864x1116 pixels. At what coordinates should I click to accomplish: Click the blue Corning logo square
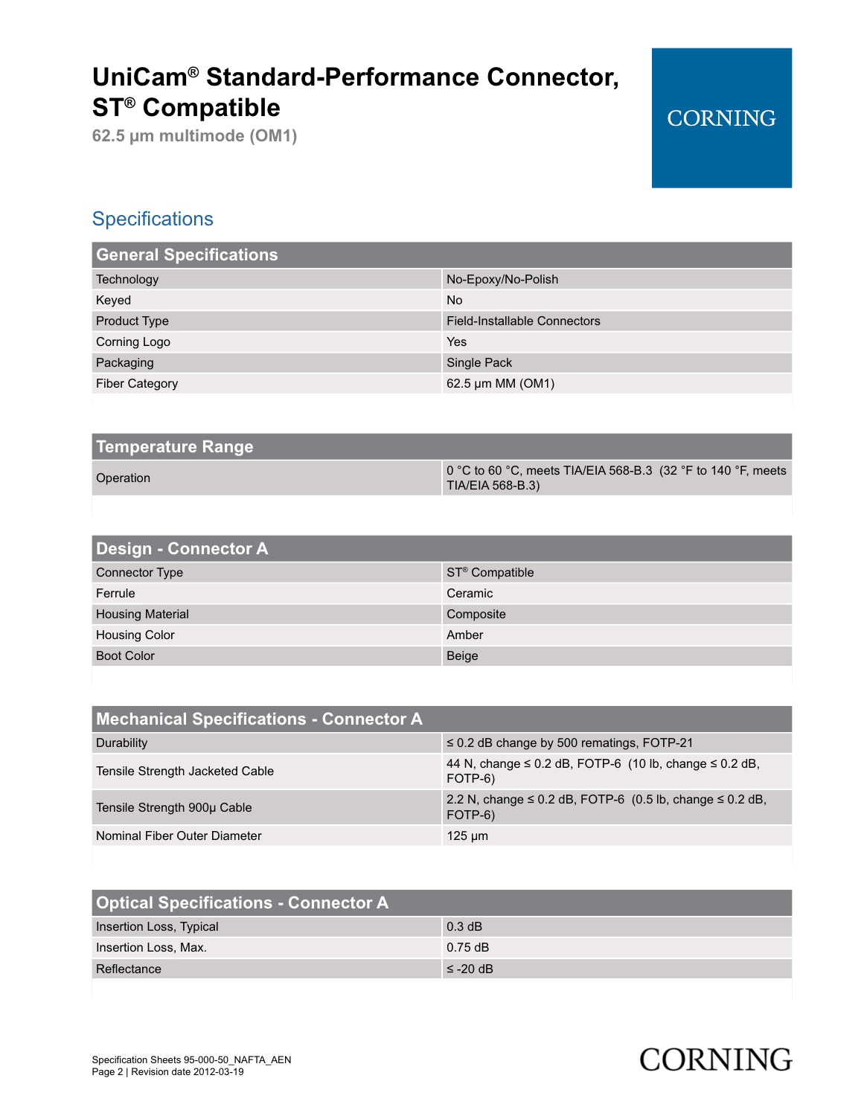[721, 118]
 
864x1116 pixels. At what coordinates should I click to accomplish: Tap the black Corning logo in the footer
[715, 1059]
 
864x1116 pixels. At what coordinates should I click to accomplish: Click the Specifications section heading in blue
[153, 219]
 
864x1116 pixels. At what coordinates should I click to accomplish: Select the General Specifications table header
[187, 255]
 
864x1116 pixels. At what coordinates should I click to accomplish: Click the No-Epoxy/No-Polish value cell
[502, 280]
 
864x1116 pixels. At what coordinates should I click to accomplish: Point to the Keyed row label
[113, 301]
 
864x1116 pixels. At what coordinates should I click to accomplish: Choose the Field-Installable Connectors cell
[523, 321]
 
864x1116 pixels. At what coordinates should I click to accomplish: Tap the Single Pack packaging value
[479, 363]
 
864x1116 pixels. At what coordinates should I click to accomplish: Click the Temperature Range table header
[175, 447]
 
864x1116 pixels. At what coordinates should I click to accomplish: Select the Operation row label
[123, 478]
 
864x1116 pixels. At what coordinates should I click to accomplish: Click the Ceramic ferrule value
[470, 594]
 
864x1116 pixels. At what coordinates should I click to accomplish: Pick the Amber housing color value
[465, 635]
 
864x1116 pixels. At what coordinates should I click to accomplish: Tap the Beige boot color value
[462, 656]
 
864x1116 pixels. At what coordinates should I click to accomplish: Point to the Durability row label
[121, 743]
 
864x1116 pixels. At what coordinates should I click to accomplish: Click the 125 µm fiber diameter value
[467, 836]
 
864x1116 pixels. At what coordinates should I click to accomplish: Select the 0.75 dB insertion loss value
[467, 948]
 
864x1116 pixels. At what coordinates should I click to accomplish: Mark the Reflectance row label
[128, 969]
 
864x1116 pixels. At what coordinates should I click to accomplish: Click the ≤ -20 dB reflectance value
[470, 969]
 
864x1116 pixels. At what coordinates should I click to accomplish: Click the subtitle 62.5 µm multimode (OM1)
[194, 136]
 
